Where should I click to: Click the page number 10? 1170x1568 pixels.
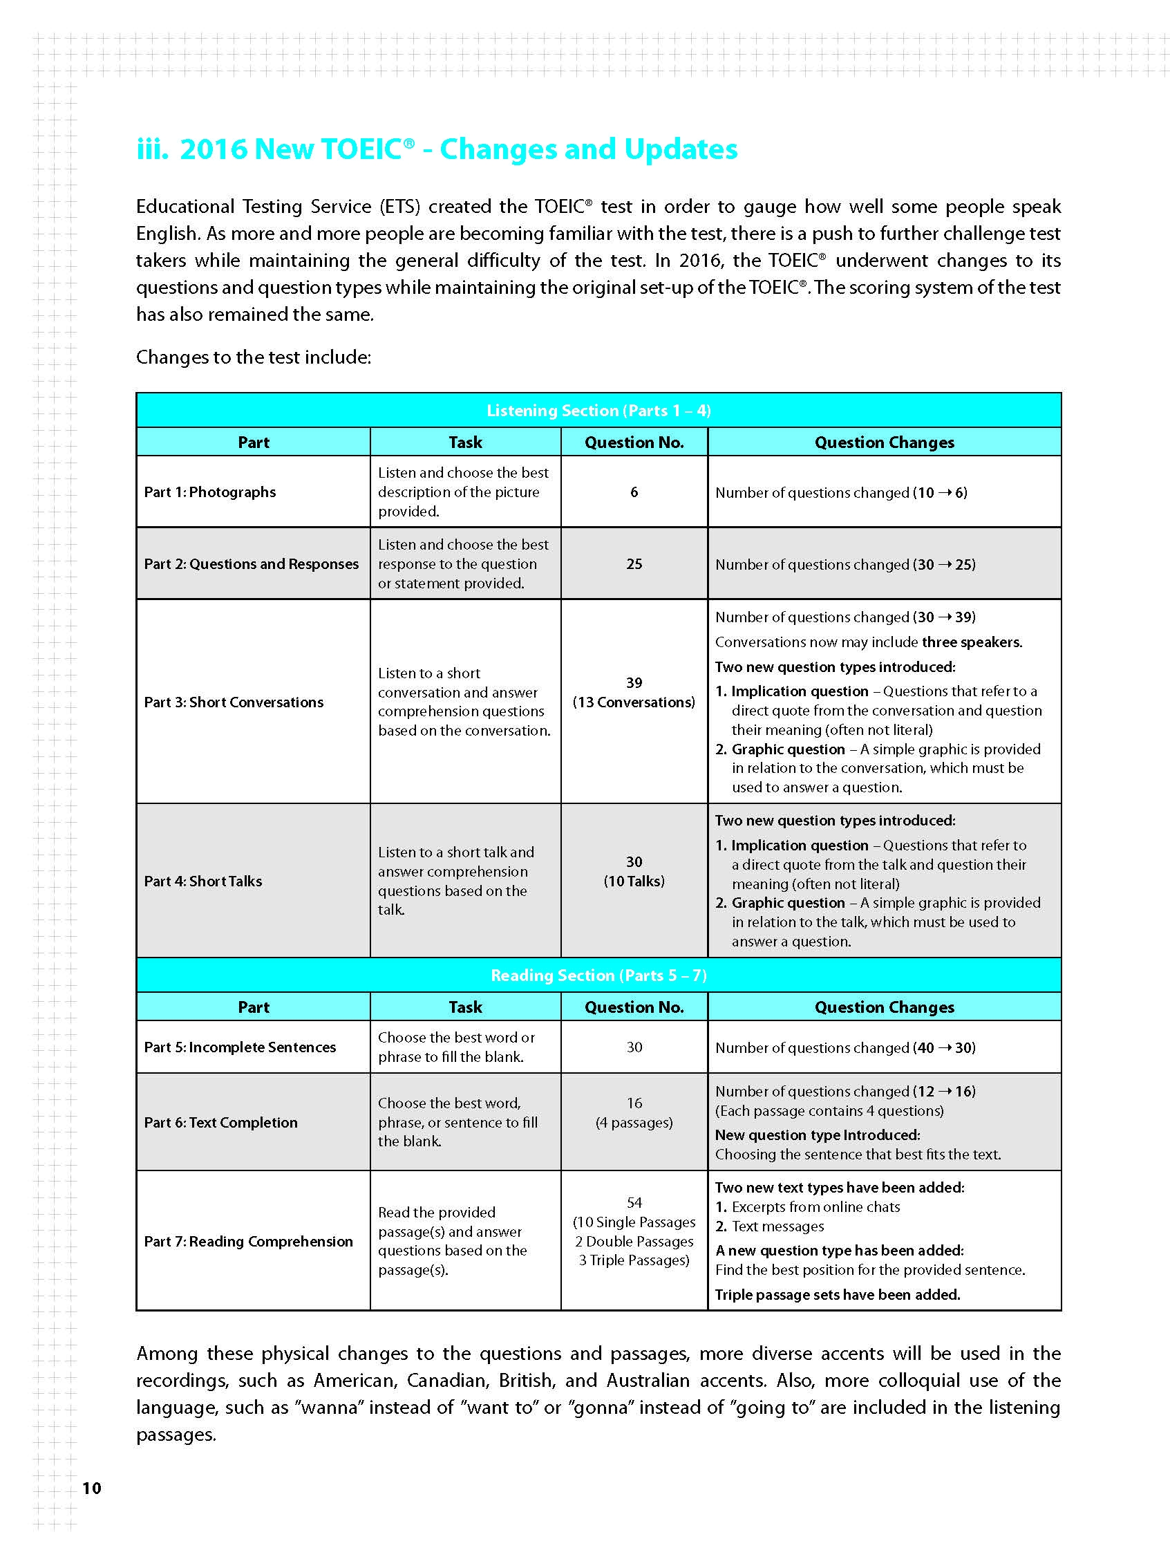point(92,1488)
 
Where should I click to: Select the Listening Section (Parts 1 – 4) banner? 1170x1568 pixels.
point(598,411)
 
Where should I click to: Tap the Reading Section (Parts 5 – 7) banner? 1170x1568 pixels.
point(598,976)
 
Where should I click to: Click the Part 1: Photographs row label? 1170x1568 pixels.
point(209,492)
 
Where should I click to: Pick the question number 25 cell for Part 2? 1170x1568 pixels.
point(634,565)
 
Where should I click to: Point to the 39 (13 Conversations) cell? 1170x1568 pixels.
point(634,693)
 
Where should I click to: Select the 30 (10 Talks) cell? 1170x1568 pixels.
point(634,872)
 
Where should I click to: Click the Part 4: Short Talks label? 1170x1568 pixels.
point(202,881)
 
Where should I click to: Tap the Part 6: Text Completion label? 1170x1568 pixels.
point(220,1123)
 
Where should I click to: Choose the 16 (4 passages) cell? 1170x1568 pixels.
point(634,1113)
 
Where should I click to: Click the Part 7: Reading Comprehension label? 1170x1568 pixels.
point(248,1242)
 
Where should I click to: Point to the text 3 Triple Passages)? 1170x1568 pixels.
point(634,1260)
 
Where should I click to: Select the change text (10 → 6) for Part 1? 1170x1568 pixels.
point(940,493)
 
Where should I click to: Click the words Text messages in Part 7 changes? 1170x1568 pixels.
point(777,1226)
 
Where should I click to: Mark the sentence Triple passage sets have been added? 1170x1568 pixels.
point(837,1295)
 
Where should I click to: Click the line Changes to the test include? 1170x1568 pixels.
point(254,357)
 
